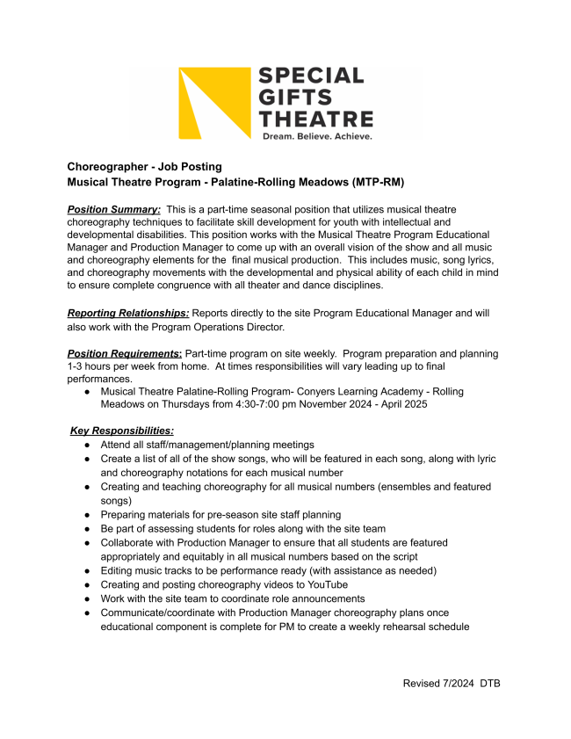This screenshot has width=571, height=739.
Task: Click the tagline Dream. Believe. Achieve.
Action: [x=317, y=136]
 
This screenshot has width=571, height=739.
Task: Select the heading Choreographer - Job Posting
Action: [x=145, y=167]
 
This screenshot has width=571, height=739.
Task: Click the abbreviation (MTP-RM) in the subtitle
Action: [x=373, y=182]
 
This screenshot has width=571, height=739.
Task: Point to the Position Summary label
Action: [x=114, y=210]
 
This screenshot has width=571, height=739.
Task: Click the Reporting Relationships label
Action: [x=128, y=313]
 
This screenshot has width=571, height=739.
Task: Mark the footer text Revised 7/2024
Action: [x=437, y=684]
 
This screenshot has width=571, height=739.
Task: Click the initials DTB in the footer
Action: [x=489, y=684]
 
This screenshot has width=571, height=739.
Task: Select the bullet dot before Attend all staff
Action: [x=88, y=446]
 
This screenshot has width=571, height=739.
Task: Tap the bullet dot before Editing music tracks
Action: [x=88, y=570]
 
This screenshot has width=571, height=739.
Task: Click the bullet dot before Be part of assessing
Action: [x=88, y=529]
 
